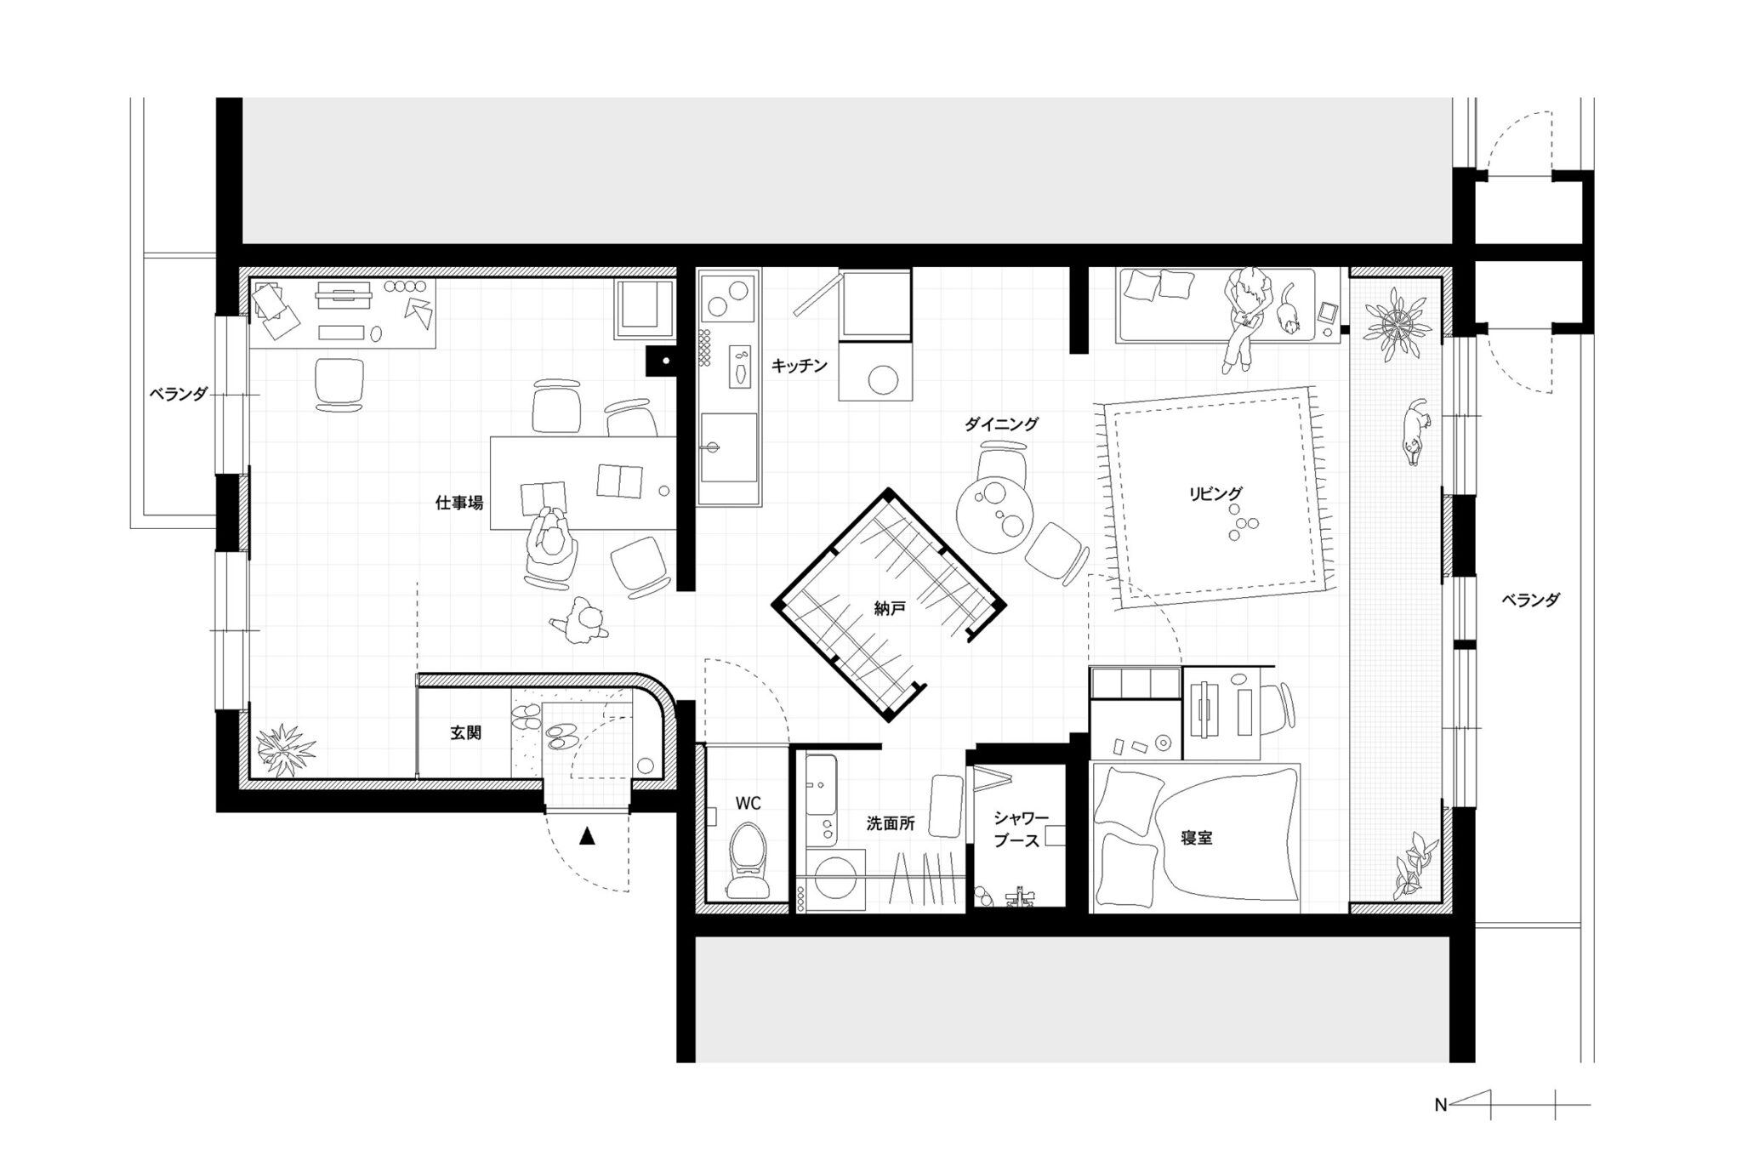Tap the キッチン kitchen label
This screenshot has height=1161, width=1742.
799,366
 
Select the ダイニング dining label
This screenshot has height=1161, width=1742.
1001,424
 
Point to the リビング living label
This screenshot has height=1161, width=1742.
1215,492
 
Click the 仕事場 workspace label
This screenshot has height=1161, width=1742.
459,503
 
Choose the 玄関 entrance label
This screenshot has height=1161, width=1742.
465,732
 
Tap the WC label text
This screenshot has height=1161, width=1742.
749,803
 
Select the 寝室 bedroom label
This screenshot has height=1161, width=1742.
1196,838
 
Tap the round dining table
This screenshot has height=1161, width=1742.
995,514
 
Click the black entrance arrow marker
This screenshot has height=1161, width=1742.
586,837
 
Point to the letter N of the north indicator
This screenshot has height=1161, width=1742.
1440,1106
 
